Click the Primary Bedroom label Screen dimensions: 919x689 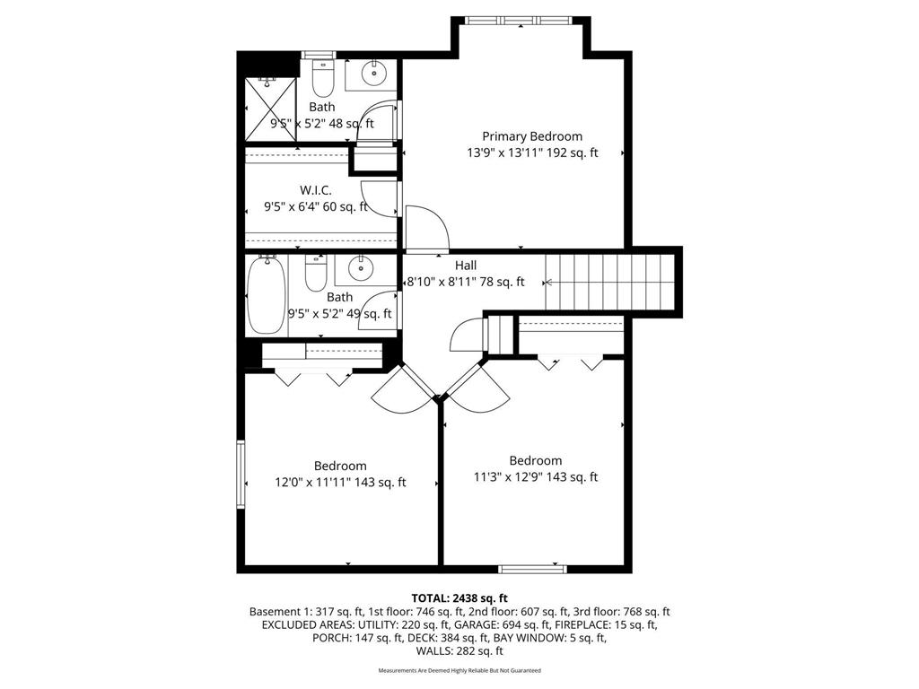pos(532,136)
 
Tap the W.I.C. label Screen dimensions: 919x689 pos(315,190)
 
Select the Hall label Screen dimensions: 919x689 pos(466,266)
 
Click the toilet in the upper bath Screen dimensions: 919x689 pos(322,77)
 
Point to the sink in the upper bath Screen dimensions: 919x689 pos(373,74)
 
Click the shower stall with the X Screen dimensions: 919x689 pos(270,109)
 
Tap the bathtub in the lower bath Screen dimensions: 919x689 pos(266,294)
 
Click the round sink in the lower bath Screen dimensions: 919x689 pos(360,268)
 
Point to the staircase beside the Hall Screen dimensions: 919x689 pos(609,282)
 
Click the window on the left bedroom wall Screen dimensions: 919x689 pos(241,474)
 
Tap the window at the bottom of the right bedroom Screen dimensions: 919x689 pos(532,568)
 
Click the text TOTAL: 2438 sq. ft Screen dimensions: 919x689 pos(459,598)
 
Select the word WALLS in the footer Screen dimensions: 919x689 pos(433,651)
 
